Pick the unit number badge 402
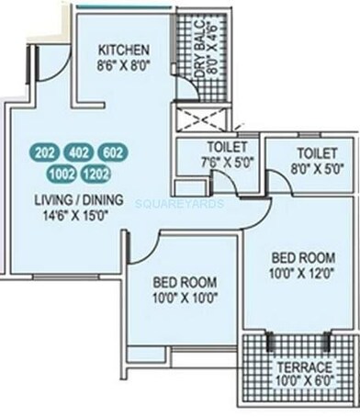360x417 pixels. (x=79, y=152)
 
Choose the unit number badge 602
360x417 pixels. (x=113, y=152)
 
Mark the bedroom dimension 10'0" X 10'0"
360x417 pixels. (x=185, y=297)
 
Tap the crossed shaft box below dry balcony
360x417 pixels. (x=201, y=118)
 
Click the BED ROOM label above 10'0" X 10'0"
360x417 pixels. (x=185, y=281)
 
